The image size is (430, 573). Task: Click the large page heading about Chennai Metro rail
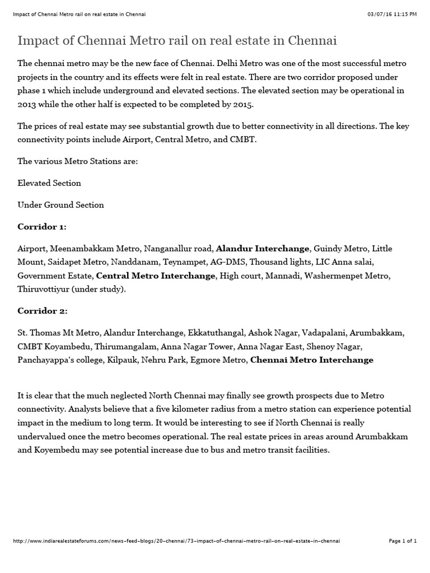(x=177, y=41)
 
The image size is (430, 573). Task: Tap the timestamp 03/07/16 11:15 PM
(x=392, y=13)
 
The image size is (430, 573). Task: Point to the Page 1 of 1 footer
(x=403, y=541)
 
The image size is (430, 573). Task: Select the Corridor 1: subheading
(x=42, y=227)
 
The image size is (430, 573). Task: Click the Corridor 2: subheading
(x=43, y=311)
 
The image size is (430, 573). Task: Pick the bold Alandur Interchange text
(x=263, y=248)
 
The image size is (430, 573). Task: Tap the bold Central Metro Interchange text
(x=156, y=276)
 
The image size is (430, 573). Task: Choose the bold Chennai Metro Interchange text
(x=312, y=360)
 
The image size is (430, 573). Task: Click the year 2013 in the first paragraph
(x=26, y=104)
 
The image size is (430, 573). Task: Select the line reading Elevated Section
(x=49, y=183)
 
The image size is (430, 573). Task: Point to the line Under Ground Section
(x=60, y=205)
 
